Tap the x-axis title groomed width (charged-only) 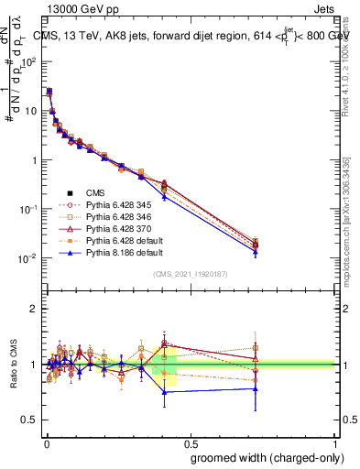tap(263, 456)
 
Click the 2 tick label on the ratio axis tap(33, 309)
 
